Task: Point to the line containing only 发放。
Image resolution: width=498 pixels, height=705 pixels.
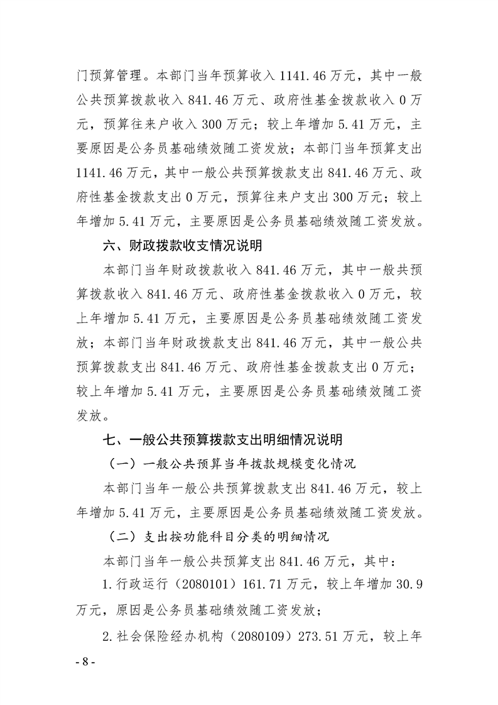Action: [x=94, y=415]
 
